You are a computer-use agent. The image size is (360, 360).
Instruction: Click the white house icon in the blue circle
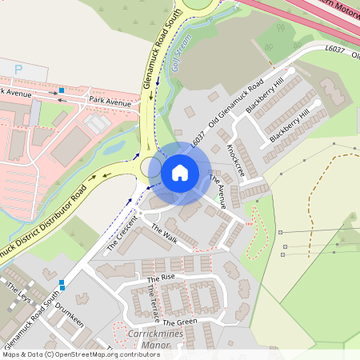pos(179,172)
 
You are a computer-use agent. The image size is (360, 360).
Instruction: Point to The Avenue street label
pos(218,190)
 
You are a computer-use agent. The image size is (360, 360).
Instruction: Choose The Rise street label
pos(161,278)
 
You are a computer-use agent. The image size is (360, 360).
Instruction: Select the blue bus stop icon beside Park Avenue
pos(61,90)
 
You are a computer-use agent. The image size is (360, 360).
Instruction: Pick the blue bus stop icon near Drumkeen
pos(62,282)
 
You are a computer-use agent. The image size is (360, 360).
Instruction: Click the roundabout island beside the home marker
pos(150,167)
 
